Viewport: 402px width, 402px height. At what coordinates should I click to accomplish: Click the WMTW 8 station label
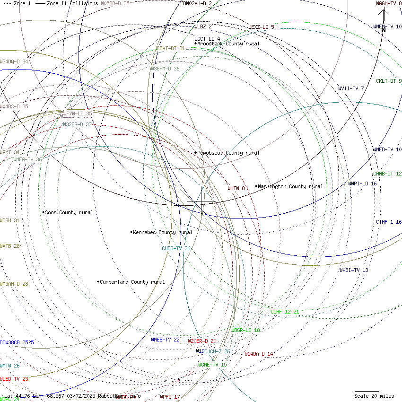236,188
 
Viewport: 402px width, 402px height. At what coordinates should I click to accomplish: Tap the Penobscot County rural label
228,153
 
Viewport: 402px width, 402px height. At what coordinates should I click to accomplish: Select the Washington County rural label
290,186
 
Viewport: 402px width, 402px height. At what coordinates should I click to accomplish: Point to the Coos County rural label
69,212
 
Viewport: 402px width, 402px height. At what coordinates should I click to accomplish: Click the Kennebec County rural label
162,232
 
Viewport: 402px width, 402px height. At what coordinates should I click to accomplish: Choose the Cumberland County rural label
132,282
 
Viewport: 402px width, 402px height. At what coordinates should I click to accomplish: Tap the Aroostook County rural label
228,44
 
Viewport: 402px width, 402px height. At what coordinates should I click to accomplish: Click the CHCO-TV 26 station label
176,248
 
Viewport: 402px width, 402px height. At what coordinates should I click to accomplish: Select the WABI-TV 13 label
354,270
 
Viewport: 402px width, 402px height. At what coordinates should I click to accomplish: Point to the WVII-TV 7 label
351,88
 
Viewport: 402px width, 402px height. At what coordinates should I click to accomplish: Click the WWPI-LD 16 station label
362,184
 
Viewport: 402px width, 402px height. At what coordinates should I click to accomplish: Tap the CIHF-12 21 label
285,312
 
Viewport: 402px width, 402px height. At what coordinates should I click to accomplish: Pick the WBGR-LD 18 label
245,330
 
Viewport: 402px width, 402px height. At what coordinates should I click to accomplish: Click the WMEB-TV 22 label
165,340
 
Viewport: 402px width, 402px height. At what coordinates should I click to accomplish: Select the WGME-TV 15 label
212,365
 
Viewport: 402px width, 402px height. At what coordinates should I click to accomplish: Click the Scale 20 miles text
374,396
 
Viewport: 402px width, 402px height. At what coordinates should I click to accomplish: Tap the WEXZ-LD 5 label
261,27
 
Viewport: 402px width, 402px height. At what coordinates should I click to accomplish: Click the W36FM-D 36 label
165,69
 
